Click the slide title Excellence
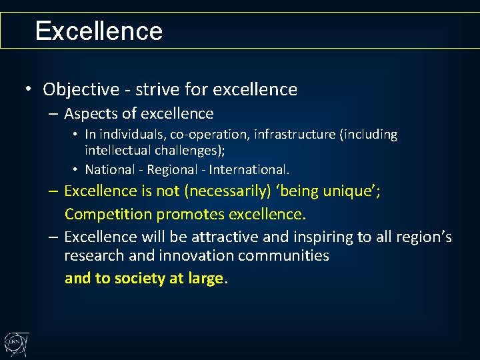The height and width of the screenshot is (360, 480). (x=99, y=31)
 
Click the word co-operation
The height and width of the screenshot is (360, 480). (x=203, y=135)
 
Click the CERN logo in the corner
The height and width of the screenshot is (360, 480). (x=15, y=343)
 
